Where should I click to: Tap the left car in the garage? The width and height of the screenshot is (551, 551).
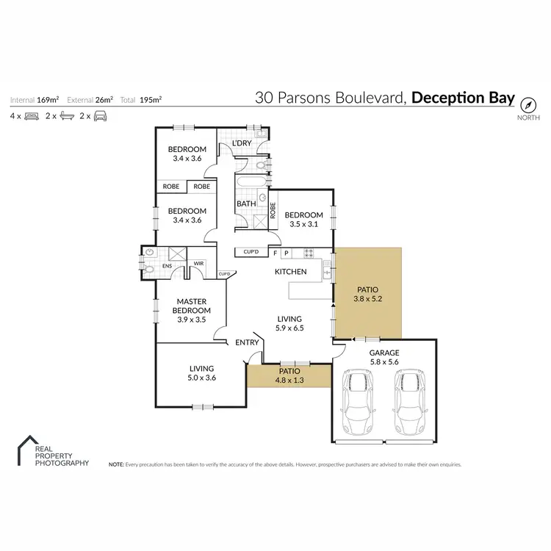[357, 403]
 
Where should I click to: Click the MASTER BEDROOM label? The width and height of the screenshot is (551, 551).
[190, 306]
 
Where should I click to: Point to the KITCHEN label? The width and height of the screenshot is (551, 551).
[290, 272]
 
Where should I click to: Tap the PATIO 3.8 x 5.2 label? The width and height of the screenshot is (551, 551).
[367, 294]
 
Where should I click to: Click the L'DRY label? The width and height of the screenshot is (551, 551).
[242, 143]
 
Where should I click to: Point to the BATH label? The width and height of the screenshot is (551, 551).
[245, 204]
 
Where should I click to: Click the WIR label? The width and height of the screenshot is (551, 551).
[198, 263]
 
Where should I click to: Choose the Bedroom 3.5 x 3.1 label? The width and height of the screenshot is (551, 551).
[303, 220]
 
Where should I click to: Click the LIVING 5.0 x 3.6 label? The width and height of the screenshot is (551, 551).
[201, 373]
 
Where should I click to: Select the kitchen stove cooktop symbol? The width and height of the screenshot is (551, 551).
[309, 253]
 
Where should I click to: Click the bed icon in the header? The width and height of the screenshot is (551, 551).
[32, 116]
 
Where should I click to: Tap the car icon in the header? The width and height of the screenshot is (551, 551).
[100, 116]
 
